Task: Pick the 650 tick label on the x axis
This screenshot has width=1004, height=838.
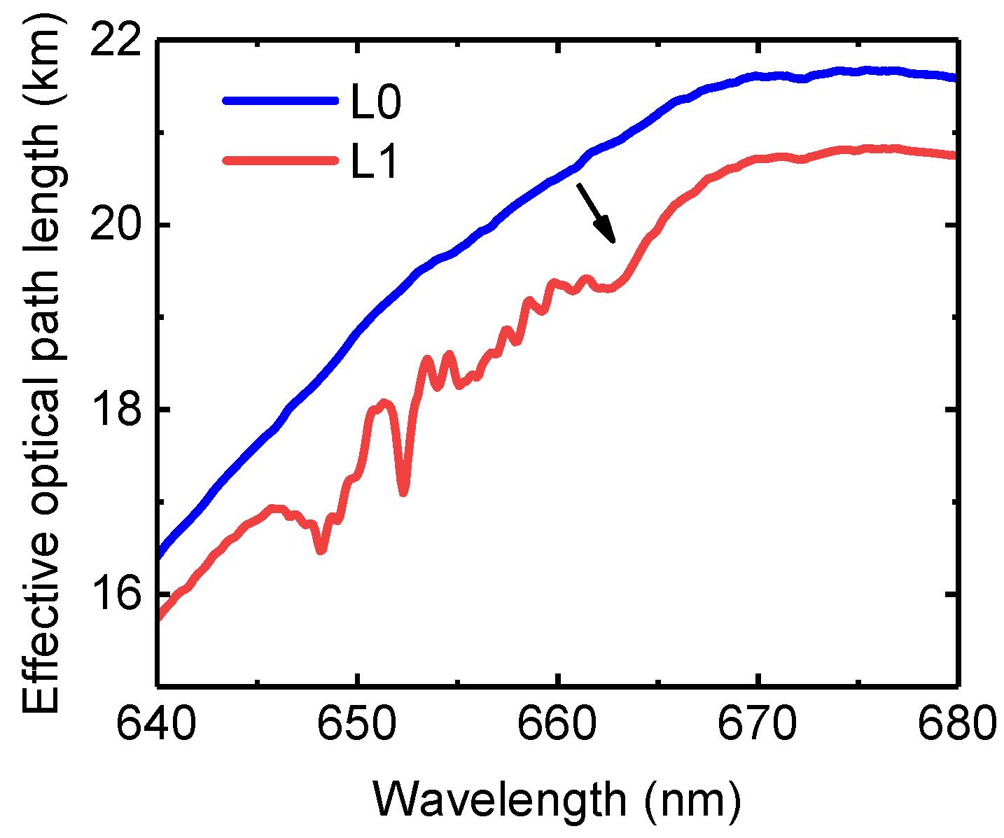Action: pyautogui.click(x=357, y=726)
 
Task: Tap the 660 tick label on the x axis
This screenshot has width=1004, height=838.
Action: pyautogui.click(x=557, y=726)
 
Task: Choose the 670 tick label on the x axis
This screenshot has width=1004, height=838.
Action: pyautogui.click(x=758, y=726)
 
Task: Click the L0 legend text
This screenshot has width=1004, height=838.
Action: pyautogui.click(x=375, y=104)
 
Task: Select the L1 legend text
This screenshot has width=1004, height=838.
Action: pyautogui.click(x=374, y=162)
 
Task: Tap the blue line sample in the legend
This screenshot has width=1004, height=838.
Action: pyautogui.click(x=280, y=101)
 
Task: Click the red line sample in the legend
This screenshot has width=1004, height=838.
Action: pyautogui.click(x=280, y=160)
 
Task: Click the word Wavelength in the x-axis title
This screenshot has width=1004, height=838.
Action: pyautogui.click(x=498, y=799)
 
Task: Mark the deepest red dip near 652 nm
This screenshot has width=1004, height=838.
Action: pyautogui.click(x=403, y=492)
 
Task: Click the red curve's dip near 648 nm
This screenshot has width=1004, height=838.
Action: pyautogui.click(x=321, y=551)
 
